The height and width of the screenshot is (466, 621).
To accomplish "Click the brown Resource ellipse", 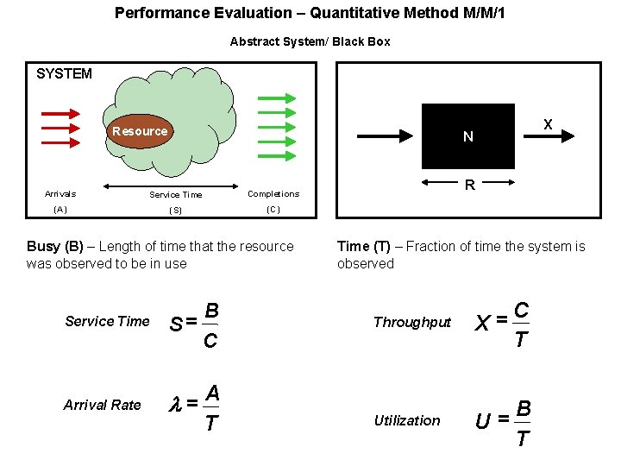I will [139, 131].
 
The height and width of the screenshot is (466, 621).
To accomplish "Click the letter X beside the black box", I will [548, 124].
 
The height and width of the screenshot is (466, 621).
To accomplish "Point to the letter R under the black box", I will [469, 184].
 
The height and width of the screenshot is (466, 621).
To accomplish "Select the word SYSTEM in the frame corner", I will [64, 74].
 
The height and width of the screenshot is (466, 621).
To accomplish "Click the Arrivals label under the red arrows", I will [60, 194].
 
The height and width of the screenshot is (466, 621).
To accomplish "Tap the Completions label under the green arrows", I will [273, 194].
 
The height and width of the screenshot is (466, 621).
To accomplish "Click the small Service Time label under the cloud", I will [176, 195].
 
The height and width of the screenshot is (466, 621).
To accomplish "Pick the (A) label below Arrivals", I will [60, 210].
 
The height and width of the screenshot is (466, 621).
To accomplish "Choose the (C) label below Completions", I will [273, 210].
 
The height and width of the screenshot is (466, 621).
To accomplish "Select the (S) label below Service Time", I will [176, 211].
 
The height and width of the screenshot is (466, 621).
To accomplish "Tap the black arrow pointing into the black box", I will [387, 135].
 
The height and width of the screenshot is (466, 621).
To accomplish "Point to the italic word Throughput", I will [412, 323].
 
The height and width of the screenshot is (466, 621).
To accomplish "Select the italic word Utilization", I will [407, 421].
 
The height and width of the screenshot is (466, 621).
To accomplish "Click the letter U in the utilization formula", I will [484, 422].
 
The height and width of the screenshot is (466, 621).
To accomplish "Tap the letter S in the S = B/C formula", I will [175, 324].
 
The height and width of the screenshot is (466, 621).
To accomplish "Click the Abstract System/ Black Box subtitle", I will [310, 41].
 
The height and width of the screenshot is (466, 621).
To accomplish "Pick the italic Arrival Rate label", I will [102, 405].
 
